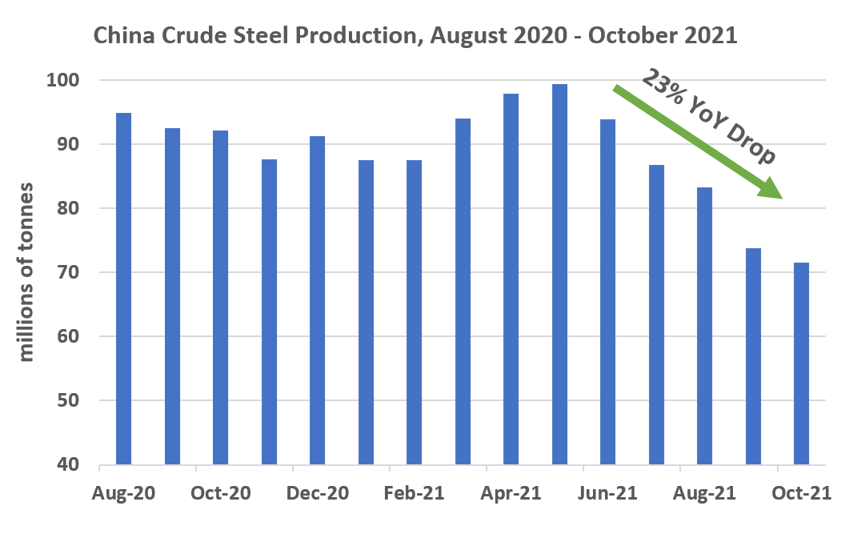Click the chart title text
click(x=415, y=35)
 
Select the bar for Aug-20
click(x=123, y=288)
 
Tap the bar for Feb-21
click(x=414, y=312)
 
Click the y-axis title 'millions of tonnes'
click(x=27, y=272)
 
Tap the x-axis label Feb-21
click(x=414, y=494)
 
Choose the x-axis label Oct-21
click(x=801, y=494)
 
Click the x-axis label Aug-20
click(x=124, y=494)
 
